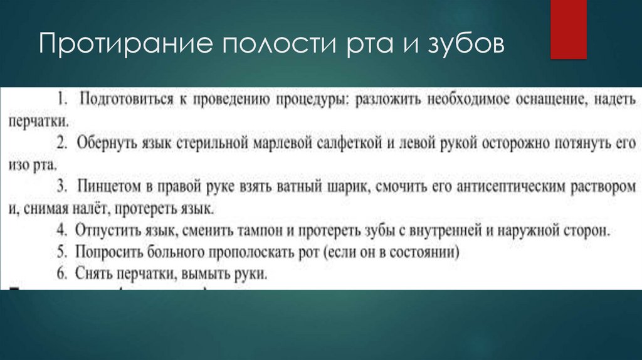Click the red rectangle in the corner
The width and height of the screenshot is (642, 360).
[x=568, y=29]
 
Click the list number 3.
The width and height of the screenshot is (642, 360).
[x=61, y=186]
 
